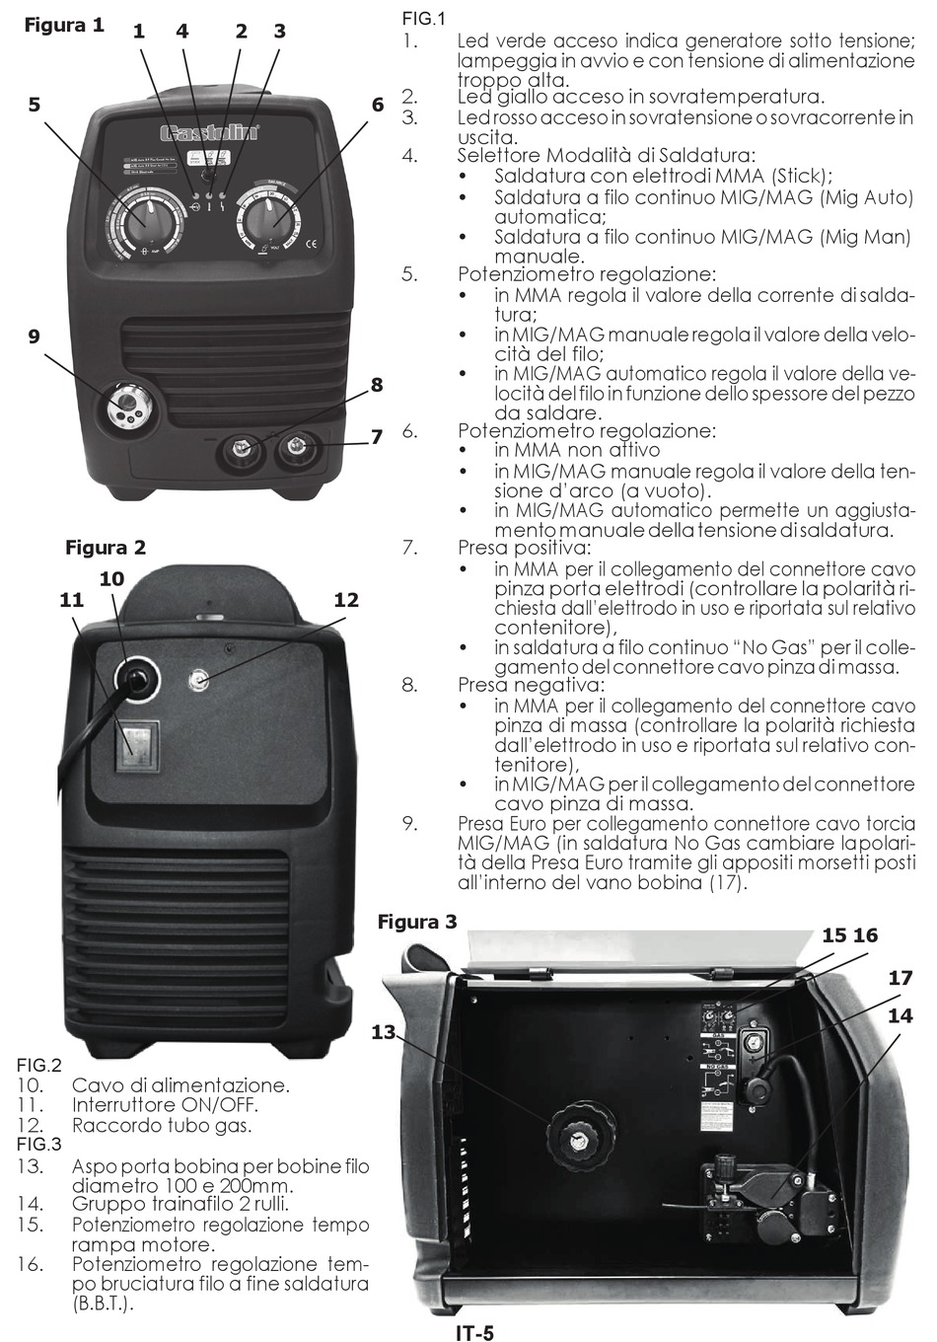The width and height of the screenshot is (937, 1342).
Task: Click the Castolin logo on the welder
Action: [209, 132]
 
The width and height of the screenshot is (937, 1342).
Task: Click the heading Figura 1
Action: [64, 26]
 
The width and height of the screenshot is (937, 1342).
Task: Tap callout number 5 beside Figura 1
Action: [35, 104]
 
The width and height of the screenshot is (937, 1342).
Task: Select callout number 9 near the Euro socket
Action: [35, 336]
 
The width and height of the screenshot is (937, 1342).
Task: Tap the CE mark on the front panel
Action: [309, 244]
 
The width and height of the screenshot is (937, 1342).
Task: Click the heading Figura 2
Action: [106, 547]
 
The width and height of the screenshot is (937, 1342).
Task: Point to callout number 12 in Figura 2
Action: [345, 599]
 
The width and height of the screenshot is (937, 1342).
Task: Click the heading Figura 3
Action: [417, 922]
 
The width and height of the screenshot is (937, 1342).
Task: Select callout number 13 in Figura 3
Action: [384, 1032]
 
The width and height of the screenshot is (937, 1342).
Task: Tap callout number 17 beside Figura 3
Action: [900, 978]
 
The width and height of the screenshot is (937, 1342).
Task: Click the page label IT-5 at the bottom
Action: [474, 1333]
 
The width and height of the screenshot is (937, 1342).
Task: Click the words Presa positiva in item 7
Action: [524, 548]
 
